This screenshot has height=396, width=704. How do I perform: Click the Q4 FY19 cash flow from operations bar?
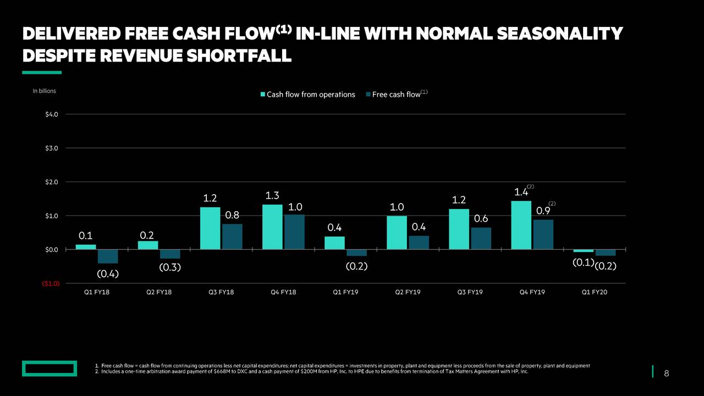pyautogui.click(x=521, y=225)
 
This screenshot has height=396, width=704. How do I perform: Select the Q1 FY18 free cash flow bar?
pyautogui.click(x=108, y=256)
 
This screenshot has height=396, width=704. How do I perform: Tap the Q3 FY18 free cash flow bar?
pyautogui.click(x=232, y=237)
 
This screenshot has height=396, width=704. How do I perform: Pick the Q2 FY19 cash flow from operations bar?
pyautogui.click(x=397, y=232)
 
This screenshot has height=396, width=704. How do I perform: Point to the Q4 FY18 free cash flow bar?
pyautogui.click(x=294, y=232)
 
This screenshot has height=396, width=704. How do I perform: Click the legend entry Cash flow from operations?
pyautogui.click(x=307, y=95)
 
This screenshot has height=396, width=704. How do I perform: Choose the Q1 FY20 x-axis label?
pyautogui.click(x=595, y=292)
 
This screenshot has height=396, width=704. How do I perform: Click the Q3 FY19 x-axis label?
pyautogui.click(x=470, y=292)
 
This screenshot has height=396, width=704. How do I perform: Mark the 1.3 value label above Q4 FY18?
pyautogui.click(x=272, y=195)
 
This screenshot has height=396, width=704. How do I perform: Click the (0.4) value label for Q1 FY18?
pyautogui.click(x=108, y=273)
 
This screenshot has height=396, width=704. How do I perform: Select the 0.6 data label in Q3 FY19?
pyautogui.click(x=481, y=219)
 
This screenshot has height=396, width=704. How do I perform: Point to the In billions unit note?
pyautogui.click(x=44, y=91)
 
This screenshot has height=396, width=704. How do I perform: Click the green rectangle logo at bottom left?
pyautogui.click(x=50, y=369)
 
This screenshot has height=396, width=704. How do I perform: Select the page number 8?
pyautogui.click(x=667, y=374)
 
